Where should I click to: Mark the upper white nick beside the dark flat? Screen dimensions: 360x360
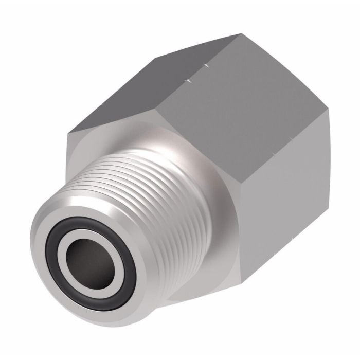tap(207, 65)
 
